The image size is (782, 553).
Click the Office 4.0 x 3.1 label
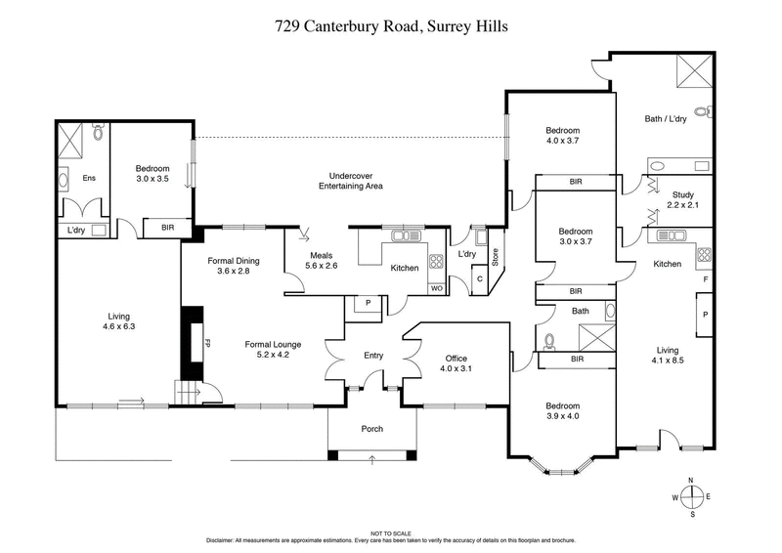tap(456, 363)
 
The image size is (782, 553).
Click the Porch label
tap(371, 429)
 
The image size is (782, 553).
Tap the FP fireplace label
tap(207, 344)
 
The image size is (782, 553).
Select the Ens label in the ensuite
tap(88, 178)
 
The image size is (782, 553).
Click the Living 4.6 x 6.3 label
tap(119, 321)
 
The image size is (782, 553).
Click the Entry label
tap(373, 356)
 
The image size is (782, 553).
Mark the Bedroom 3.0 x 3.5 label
tap(152, 174)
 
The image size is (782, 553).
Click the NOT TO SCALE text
tap(391, 532)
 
